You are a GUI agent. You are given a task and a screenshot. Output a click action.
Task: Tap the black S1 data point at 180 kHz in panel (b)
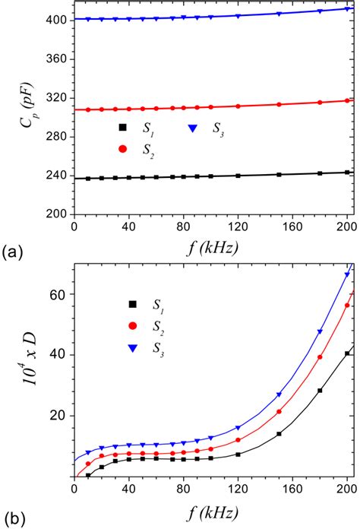click(320, 391)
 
